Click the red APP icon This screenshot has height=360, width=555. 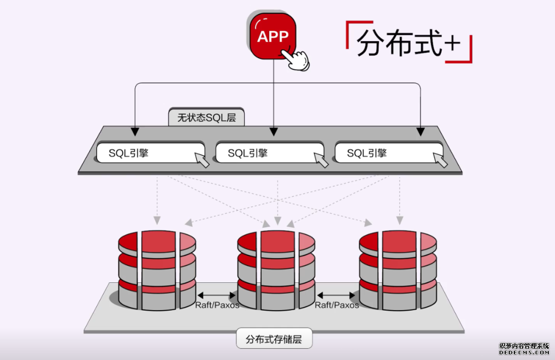coord(273,36)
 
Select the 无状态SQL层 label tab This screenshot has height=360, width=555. coord(207,117)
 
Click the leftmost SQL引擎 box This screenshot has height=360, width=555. coord(149,153)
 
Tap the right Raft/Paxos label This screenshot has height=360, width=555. coord(337,305)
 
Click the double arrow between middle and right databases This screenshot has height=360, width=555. coord(337,295)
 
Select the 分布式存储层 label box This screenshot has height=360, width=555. coord(274,339)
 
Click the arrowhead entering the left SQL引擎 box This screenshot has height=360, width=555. coord(135,132)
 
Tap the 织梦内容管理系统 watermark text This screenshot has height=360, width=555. coord(524,346)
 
